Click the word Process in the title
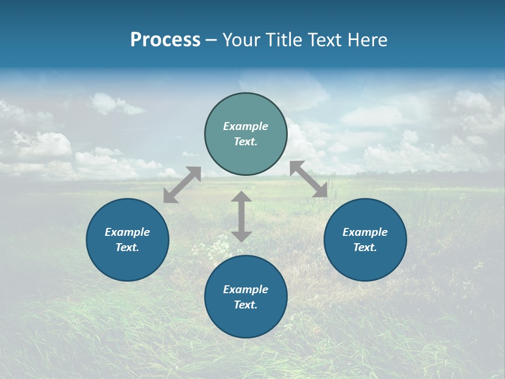165,40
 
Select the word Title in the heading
286,40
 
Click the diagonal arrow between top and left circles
182,185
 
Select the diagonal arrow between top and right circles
309,179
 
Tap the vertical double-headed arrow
241,216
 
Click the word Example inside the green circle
246,126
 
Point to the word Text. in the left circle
127,247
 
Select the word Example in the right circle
365,232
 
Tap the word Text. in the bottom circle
246,305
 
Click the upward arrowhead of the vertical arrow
241,197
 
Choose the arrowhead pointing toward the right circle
321,191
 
